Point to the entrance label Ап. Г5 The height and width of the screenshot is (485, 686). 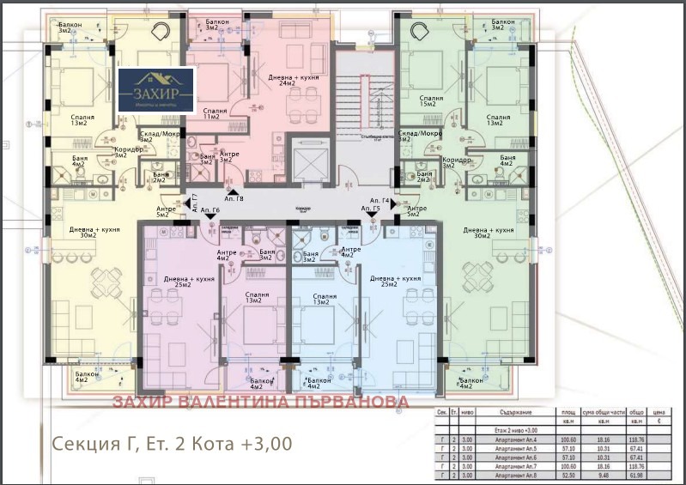coord(371,209)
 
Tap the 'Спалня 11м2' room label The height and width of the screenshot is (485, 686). coord(216,113)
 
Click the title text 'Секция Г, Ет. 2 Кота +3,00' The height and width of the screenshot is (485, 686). coord(172,444)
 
